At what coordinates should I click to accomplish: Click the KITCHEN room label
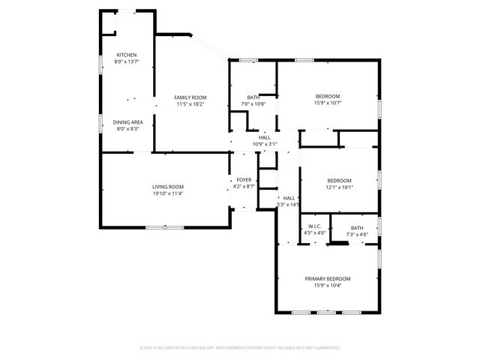click(x=126, y=55)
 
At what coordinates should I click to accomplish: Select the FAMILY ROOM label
click(x=190, y=97)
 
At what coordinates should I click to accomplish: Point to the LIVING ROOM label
click(x=168, y=187)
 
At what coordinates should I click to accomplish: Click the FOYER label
click(x=244, y=180)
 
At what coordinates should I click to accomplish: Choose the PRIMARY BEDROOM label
click(x=328, y=279)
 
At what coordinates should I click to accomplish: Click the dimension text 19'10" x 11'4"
click(x=168, y=193)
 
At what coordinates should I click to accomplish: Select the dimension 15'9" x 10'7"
click(x=328, y=103)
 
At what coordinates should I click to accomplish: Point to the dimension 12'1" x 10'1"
click(x=339, y=187)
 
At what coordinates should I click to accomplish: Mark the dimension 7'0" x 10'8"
click(x=253, y=103)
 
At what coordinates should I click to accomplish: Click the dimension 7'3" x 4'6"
click(x=357, y=234)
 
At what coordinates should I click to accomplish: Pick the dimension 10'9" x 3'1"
click(x=265, y=144)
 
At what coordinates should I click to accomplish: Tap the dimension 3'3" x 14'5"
click(x=288, y=205)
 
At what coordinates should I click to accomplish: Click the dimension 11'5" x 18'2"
click(x=190, y=104)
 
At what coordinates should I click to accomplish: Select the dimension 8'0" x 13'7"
click(x=126, y=61)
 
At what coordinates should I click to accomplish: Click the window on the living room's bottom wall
click(x=165, y=227)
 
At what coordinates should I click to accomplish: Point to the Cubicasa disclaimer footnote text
click(x=240, y=348)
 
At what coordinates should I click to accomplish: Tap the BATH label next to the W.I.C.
click(x=357, y=227)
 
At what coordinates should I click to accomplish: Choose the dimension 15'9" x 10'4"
click(x=328, y=286)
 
